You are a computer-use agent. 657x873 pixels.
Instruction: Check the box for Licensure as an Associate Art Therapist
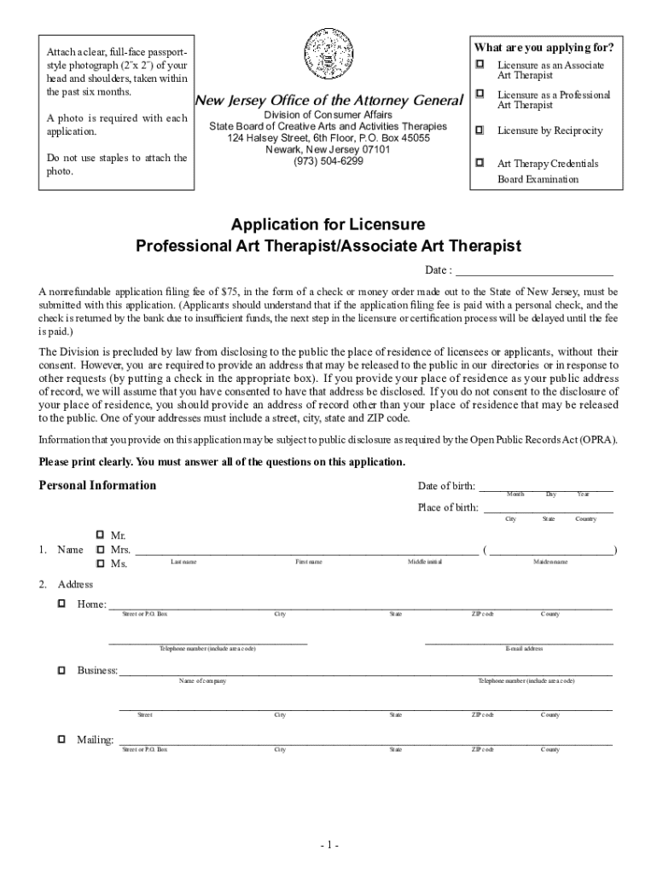point(480,66)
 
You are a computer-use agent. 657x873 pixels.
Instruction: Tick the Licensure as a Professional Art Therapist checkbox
point(480,94)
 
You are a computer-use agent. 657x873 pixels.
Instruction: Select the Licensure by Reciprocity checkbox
point(480,130)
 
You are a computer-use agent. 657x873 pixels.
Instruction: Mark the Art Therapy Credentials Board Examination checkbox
point(480,162)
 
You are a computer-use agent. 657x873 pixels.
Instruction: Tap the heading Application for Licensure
point(328,225)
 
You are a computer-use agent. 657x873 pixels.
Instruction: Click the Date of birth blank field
point(545,487)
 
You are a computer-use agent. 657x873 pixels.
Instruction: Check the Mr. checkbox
point(100,535)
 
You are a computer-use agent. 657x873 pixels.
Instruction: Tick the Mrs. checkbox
point(100,549)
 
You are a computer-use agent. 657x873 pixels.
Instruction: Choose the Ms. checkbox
point(100,564)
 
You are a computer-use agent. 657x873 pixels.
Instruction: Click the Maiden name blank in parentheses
point(550,550)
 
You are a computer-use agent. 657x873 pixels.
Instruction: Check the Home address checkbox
point(61,604)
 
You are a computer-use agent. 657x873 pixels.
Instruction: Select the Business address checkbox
point(61,670)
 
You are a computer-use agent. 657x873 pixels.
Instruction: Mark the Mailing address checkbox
point(61,738)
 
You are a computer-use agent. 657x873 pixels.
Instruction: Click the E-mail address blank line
point(519,639)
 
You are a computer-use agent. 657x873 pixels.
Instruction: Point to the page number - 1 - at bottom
point(329,845)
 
